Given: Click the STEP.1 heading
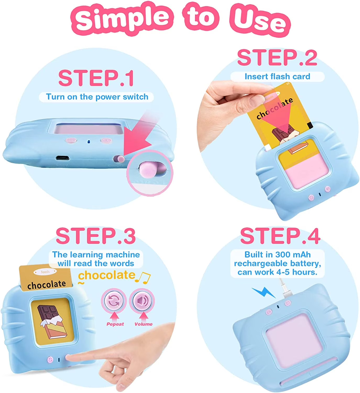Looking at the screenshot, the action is (x=96, y=78).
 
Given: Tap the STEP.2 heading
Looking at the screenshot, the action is (x=277, y=58).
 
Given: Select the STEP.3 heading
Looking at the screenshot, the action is (x=96, y=236).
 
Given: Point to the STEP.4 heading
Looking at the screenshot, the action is (x=280, y=236).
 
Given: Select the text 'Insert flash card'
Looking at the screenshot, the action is (x=277, y=77).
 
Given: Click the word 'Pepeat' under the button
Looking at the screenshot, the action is (x=115, y=324).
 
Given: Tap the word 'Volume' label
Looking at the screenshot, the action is (x=143, y=324).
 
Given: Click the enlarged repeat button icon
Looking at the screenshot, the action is (x=114, y=301).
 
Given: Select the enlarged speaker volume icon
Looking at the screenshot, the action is (x=142, y=301).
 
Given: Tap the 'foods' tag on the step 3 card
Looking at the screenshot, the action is (x=45, y=272).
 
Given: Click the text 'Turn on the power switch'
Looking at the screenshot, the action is (x=97, y=97).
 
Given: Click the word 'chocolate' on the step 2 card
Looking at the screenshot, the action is (x=275, y=108).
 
